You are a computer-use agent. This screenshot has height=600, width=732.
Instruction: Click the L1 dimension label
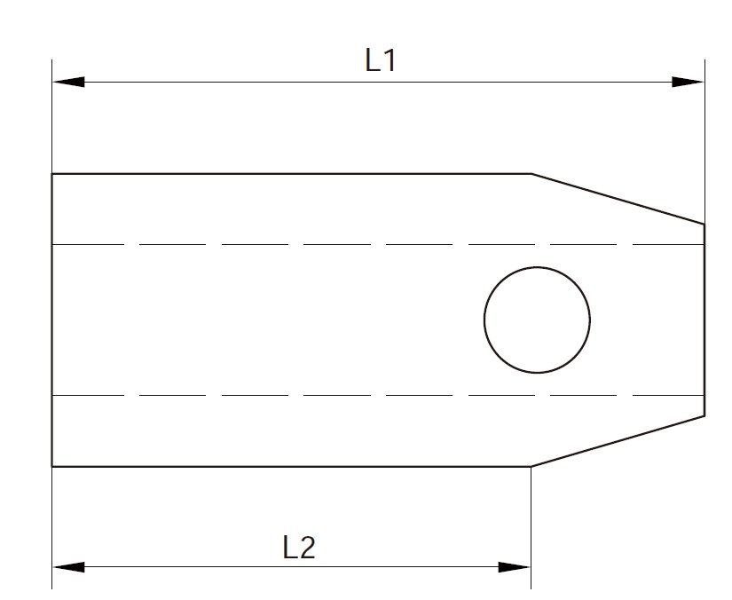click(381, 60)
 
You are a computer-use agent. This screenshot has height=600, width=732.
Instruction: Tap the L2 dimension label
click(299, 548)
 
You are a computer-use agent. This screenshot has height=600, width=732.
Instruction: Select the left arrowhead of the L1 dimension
click(68, 83)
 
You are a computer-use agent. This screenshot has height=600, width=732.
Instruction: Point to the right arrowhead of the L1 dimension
click(688, 83)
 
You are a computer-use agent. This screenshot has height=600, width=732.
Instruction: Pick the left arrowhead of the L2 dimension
click(68, 567)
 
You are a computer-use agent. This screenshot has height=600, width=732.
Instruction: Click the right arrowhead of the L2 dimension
click(514, 567)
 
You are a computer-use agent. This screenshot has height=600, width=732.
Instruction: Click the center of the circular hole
click(537, 320)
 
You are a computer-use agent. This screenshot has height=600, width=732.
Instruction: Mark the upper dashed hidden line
click(378, 244)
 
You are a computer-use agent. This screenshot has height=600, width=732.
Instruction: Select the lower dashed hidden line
click(378, 396)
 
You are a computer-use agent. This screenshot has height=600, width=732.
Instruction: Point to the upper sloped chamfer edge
click(618, 199)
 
